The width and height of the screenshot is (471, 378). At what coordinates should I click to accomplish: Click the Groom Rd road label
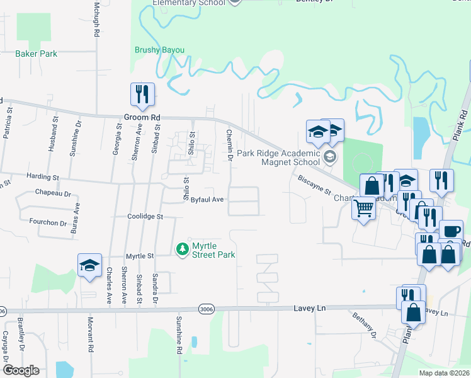coord(142,118)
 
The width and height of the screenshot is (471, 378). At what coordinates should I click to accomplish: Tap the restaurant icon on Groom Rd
coord(142,94)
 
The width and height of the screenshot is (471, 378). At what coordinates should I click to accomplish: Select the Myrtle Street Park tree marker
coord(183,249)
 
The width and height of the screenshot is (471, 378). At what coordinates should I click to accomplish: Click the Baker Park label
coord(37,54)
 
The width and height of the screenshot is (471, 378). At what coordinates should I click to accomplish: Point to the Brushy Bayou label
coord(160,50)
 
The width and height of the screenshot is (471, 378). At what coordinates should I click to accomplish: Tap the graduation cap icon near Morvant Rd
coord(89,265)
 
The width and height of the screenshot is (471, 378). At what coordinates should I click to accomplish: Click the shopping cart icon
coord(363,208)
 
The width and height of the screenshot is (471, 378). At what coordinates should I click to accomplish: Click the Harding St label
coord(43,176)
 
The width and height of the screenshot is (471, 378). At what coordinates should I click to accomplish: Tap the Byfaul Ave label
coord(208,199)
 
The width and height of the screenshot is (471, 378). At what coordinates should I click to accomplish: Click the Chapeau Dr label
coord(54,192)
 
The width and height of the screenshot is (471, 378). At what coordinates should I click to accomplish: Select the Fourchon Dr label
coord(48,222)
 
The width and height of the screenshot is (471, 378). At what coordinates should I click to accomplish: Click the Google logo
coord(21,370)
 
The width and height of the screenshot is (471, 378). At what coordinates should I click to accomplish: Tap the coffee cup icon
coord(451,231)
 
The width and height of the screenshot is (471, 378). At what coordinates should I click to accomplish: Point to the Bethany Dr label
coord(364,326)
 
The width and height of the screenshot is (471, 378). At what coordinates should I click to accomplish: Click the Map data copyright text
coord(445,373)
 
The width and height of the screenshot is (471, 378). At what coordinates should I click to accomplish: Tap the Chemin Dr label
coord(229,145)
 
